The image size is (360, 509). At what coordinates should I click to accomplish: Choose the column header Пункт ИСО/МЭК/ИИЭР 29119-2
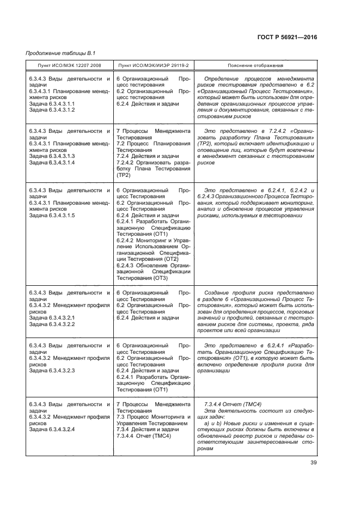coord(154,65)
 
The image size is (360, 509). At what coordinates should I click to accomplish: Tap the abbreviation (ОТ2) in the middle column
coord(169,259)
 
